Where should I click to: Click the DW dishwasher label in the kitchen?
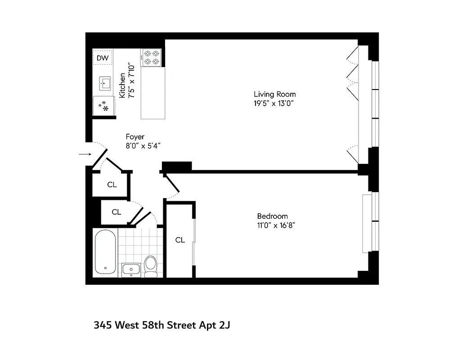pyautogui.click(x=103, y=58)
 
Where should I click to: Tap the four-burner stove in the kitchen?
pyautogui.click(x=152, y=58)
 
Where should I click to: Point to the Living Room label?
pyautogui.click(x=275, y=94)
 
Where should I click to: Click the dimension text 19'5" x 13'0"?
pyautogui.click(x=275, y=103)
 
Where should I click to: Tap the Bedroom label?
pyautogui.click(x=272, y=216)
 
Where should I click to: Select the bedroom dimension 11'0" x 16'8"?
pyautogui.click(x=276, y=225)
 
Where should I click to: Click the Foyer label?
pyautogui.click(x=135, y=137)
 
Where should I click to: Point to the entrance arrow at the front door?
pyautogui.click(x=84, y=155)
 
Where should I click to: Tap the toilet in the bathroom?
pyautogui.click(x=151, y=265)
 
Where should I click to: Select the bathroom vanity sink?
pyautogui.click(x=131, y=270)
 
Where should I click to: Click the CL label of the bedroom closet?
pyautogui.click(x=180, y=240)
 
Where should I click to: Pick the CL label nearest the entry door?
pyautogui.click(x=112, y=184)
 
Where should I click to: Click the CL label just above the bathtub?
pyautogui.click(x=116, y=212)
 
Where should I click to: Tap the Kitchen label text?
pyautogui.click(x=122, y=85)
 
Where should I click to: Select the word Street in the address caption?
pyautogui.click(x=182, y=325)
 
